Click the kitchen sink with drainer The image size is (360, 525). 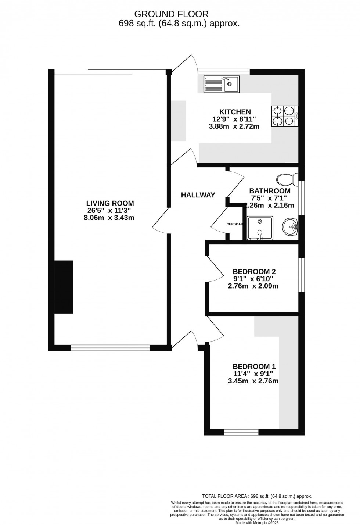[x=222, y=84]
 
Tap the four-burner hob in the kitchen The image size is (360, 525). [x=285, y=116]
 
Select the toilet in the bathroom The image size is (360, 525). [x=288, y=179]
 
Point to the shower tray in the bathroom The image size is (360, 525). [x=260, y=228]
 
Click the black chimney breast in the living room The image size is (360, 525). [x=64, y=287]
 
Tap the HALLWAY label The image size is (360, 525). [x=198, y=195]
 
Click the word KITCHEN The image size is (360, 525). [x=235, y=112]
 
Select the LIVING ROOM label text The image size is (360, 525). [x=110, y=203]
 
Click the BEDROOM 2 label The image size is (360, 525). [x=254, y=272]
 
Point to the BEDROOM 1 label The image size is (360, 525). [x=254, y=367]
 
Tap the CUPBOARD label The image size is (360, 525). [x=234, y=224]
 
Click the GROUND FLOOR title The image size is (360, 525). [x=171, y=14]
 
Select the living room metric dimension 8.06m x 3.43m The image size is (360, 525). [x=109, y=218]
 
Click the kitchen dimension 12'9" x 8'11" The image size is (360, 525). [x=234, y=119]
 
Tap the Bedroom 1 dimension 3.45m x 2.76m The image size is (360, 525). [x=253, y=381]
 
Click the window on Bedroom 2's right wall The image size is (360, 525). [x=301, y=275]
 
